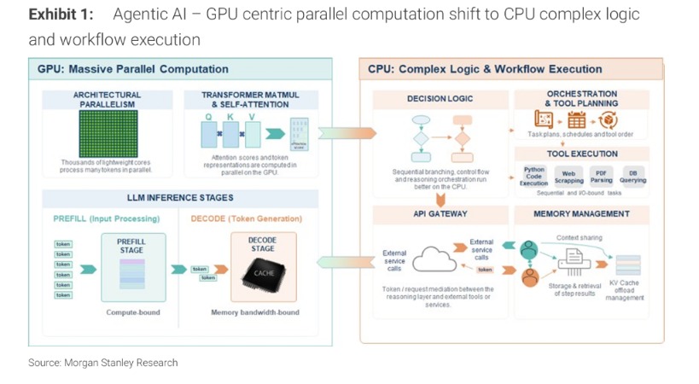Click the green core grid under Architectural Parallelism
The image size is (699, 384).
(107, 133)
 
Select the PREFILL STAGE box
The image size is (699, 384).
(131, 265)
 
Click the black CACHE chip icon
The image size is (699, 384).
(264, 273)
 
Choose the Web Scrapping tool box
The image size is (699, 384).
(569, 177)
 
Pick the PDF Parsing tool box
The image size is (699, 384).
(602, 177)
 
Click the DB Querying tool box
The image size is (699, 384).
(632, 177)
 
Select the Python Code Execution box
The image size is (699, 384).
(534, 177)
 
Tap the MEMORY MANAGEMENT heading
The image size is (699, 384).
(581, 213)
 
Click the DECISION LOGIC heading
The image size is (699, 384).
(440, 100)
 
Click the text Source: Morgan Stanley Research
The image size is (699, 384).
(103, 363)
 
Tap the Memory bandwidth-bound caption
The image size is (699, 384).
(255, 312)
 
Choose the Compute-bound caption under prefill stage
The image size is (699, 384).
(133, 312)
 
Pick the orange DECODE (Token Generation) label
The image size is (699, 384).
(246, 219)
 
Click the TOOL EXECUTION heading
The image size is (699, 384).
(582, 154)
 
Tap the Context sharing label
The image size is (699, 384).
(580, 238)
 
